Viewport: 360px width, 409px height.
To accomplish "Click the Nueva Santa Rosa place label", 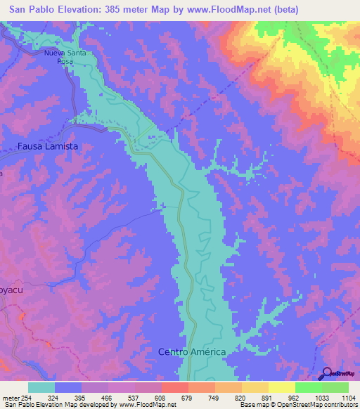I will coord(67,57).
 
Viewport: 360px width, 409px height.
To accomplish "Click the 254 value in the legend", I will coord(28,397).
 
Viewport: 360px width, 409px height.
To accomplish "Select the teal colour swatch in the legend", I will coord(41,387).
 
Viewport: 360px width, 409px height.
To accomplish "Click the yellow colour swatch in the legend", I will coord(281,387).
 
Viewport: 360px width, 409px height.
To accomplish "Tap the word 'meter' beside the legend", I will coord(11,397).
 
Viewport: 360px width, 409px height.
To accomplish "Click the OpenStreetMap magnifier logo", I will coord(326,375).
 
